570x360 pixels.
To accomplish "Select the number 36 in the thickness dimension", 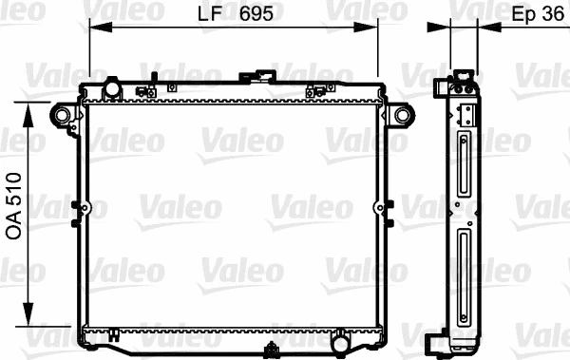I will (550, 15).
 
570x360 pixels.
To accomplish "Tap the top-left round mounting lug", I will (63, 116).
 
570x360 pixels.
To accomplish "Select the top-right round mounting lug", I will (403, 116).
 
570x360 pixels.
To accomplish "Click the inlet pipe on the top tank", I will (112, 89).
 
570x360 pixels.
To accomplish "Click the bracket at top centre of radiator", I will (256, 75).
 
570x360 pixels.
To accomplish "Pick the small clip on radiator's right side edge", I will (388, 207).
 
